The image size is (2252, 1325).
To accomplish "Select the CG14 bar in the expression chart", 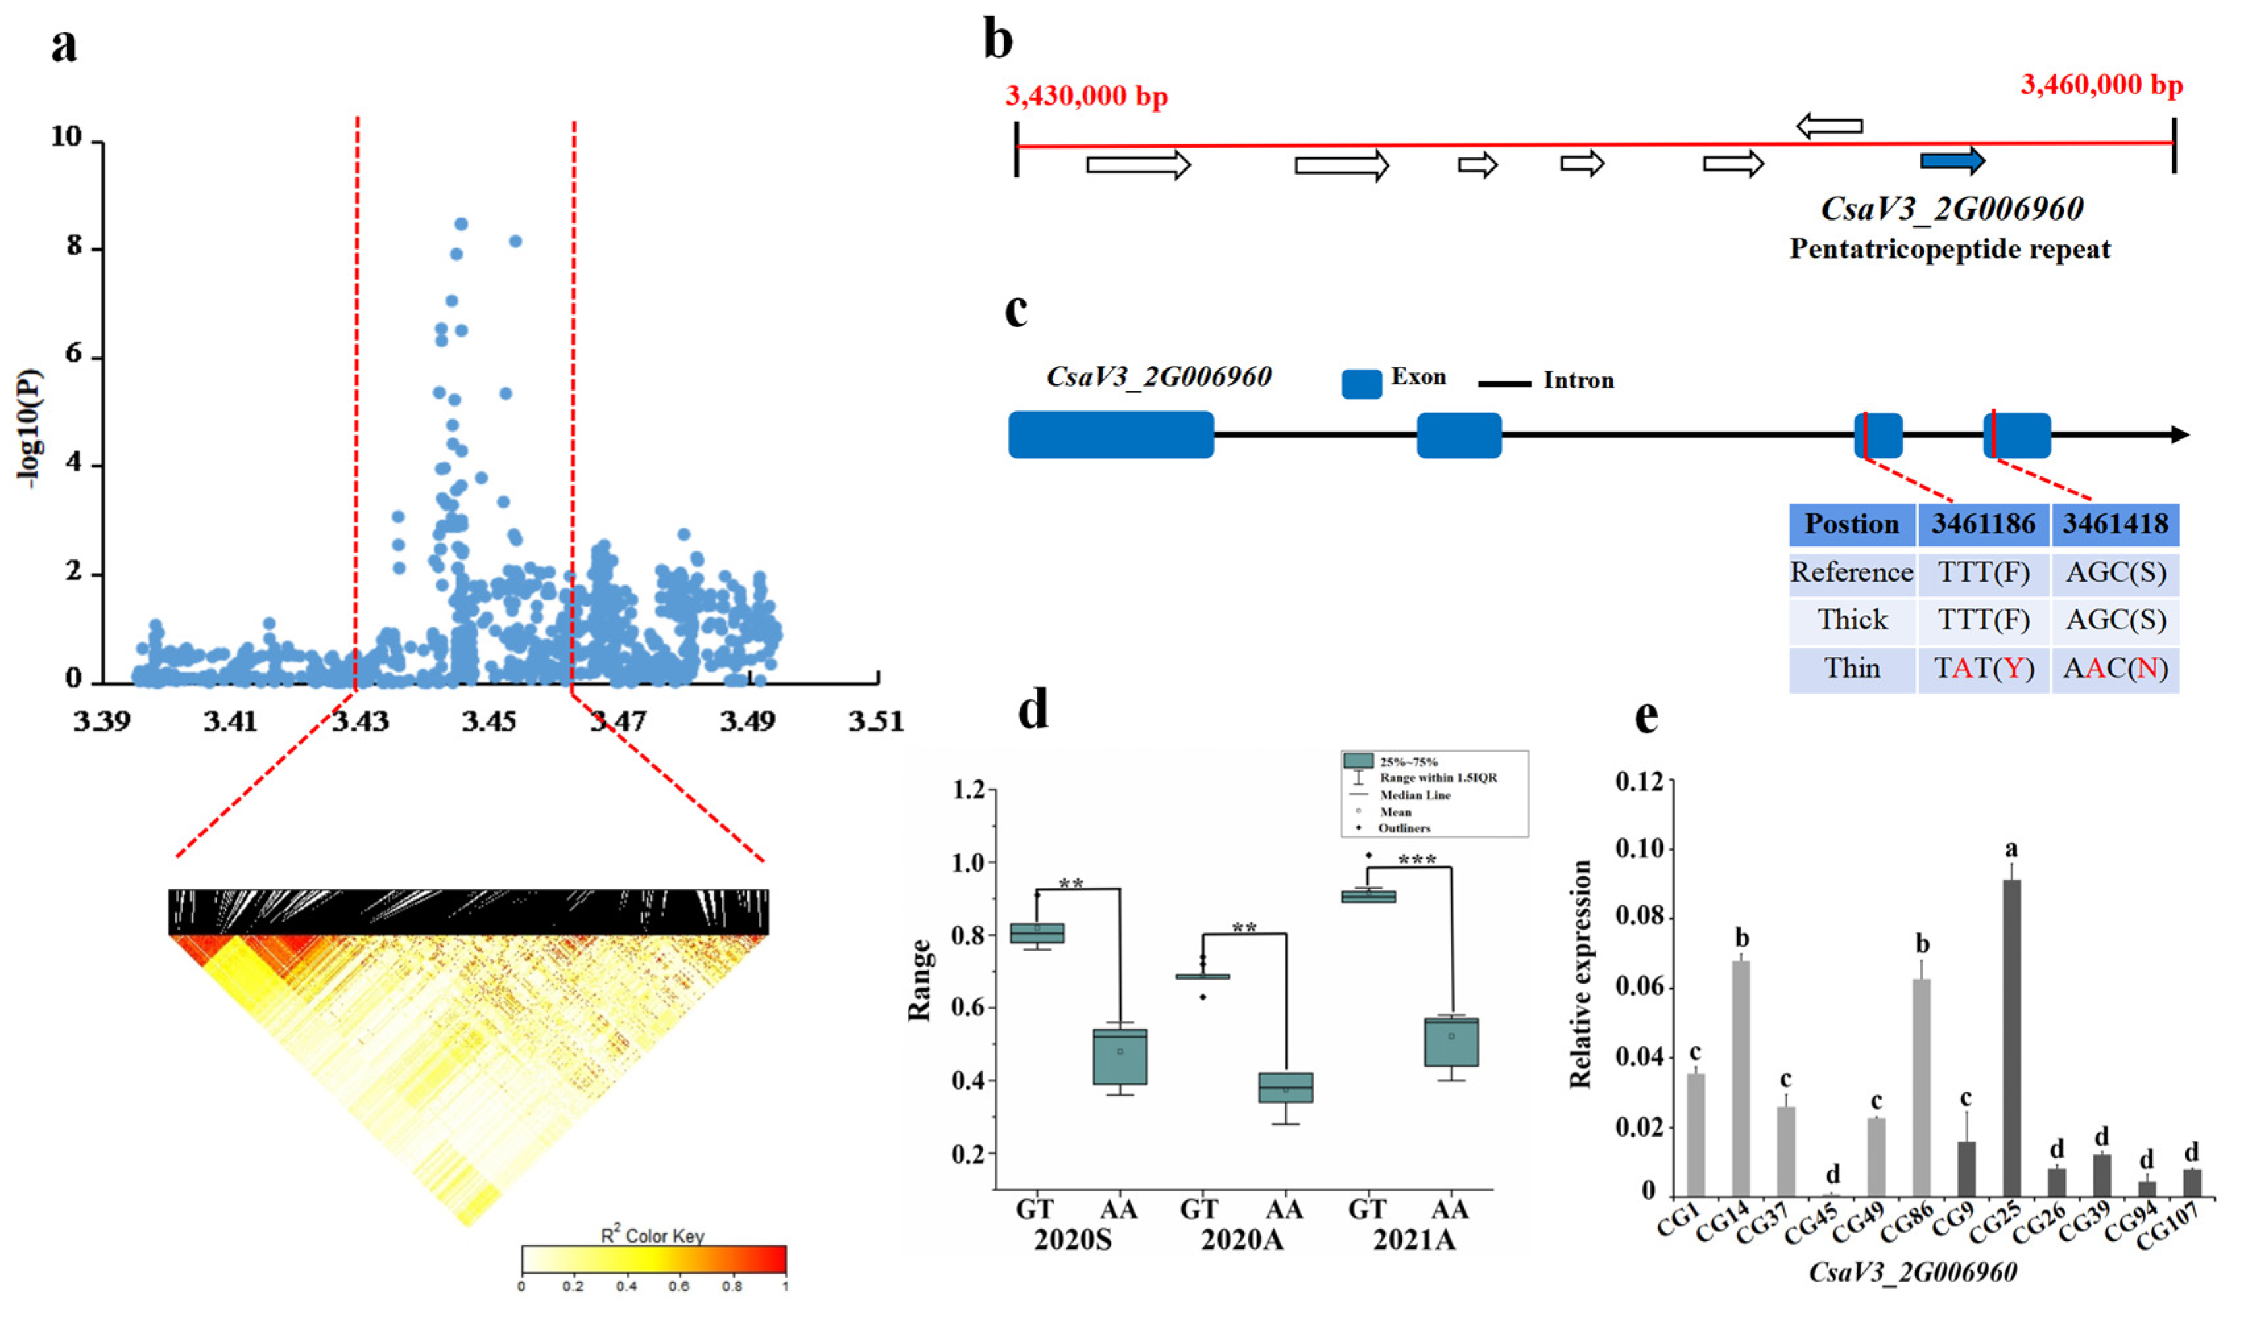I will tap(1741, 1077).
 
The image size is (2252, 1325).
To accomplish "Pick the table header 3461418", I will tap(2114, 524).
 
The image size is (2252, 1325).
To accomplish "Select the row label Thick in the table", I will tap(1852, 620).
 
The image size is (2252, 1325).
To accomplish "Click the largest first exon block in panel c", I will tap(1111, 435).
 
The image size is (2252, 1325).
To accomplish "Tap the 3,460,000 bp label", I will tap(2101, 86).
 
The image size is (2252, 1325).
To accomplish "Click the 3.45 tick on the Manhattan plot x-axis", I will tap(489, 721).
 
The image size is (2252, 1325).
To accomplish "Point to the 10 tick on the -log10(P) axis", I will tap(67, 138).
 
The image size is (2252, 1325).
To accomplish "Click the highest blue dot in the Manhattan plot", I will tap(461, 224).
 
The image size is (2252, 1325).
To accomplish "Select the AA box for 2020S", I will tap(1120, 1056).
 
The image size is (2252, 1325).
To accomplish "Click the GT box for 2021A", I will tap(1368, 896).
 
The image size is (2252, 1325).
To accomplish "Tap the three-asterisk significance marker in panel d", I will tap(1418, 860).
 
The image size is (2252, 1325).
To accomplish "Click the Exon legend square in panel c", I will tap(1361, 384).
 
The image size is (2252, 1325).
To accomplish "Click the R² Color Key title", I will tap(652, 1235).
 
